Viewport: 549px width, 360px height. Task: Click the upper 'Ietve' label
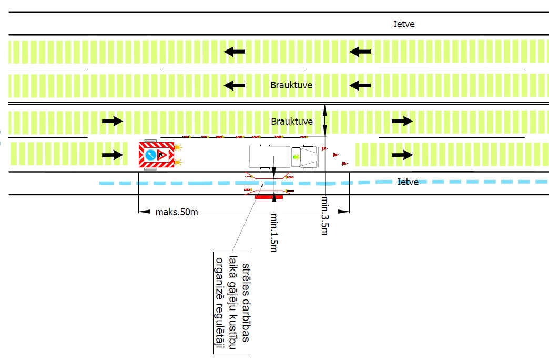click(404, 24)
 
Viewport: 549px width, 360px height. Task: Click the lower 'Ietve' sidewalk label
click(409, 182)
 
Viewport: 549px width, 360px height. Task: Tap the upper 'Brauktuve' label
click(291, 85)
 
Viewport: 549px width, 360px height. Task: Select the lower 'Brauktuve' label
click(291, 121)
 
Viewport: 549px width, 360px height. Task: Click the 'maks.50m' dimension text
click(177, 212)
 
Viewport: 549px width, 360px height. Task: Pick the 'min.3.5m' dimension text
click(324, 215)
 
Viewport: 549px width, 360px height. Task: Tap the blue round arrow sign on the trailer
click(150, 155)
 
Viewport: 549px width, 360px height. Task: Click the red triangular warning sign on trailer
click(162, 155)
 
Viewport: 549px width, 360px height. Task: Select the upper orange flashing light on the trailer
click(180, 148)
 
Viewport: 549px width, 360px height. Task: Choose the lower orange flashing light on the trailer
click(180, 162)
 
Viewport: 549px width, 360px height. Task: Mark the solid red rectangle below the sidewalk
click(268, 197)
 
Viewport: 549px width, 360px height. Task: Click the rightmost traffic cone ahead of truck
click(345, 164)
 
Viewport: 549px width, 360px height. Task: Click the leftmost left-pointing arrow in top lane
click(235, 52)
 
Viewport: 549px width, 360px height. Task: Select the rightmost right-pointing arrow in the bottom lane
click(402, 155)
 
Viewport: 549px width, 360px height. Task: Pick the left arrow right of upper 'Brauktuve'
click(361, 85)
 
